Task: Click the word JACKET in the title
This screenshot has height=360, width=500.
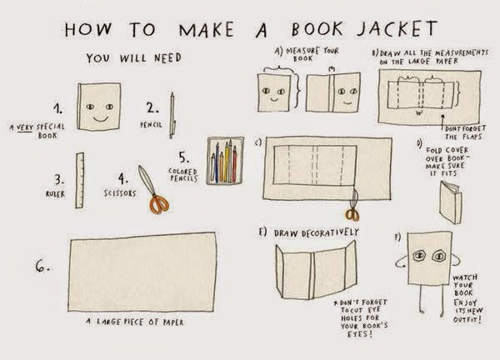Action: coord(397,28)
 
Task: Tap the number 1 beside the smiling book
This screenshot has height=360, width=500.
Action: coord(57,108)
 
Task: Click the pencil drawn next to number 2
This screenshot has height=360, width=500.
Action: coord(172,116)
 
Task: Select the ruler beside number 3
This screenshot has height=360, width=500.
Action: coord(80,181)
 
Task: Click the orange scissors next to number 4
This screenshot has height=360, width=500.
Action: coord(153,189)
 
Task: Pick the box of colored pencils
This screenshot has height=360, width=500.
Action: coord(226,161)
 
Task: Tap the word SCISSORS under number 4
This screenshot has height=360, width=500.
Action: coord(120,193)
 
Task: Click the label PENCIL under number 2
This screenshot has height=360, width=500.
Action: coord(151,125)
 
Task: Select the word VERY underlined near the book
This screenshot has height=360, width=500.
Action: coord(24,127)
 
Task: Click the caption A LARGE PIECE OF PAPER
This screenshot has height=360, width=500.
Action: coord(135,322)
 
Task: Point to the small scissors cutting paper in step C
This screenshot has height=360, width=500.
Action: coord(352,206)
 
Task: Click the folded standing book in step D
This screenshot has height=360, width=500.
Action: coord(451,202)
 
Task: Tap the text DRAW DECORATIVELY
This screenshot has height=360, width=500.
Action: coord(317,232)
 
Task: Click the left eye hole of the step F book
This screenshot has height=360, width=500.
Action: coord(419,255)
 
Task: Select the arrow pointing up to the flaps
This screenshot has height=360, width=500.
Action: coord(442,122)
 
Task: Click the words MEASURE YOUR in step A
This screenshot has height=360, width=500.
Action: coord(312,51)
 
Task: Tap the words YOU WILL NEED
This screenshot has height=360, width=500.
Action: coord(134,58)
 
